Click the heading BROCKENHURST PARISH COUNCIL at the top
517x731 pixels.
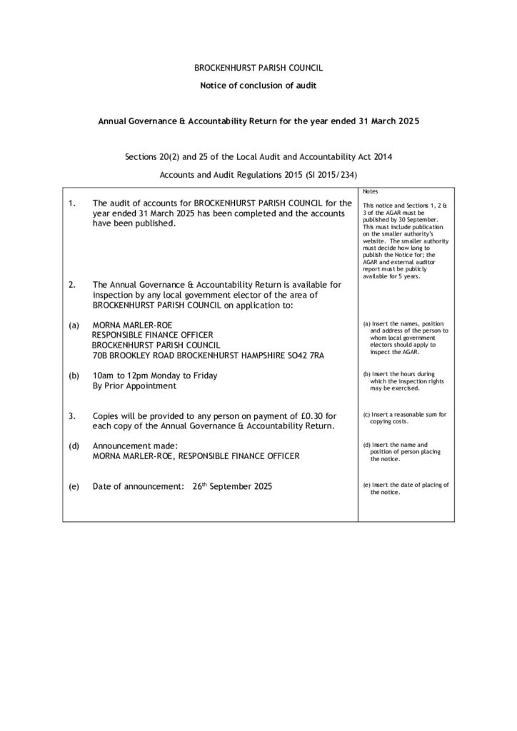coord(258,69)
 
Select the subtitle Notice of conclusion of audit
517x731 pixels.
coord(258,86)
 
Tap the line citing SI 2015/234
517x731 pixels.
coord(258,174)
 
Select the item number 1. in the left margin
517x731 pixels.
coord(71,203)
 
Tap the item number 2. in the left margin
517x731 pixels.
coord(71,285)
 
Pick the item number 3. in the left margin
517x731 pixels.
coord(71,415)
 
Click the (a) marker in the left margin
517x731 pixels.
coord(73,325)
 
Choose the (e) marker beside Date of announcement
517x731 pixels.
coord(73,486)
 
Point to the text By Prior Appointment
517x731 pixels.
coord(134,385)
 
